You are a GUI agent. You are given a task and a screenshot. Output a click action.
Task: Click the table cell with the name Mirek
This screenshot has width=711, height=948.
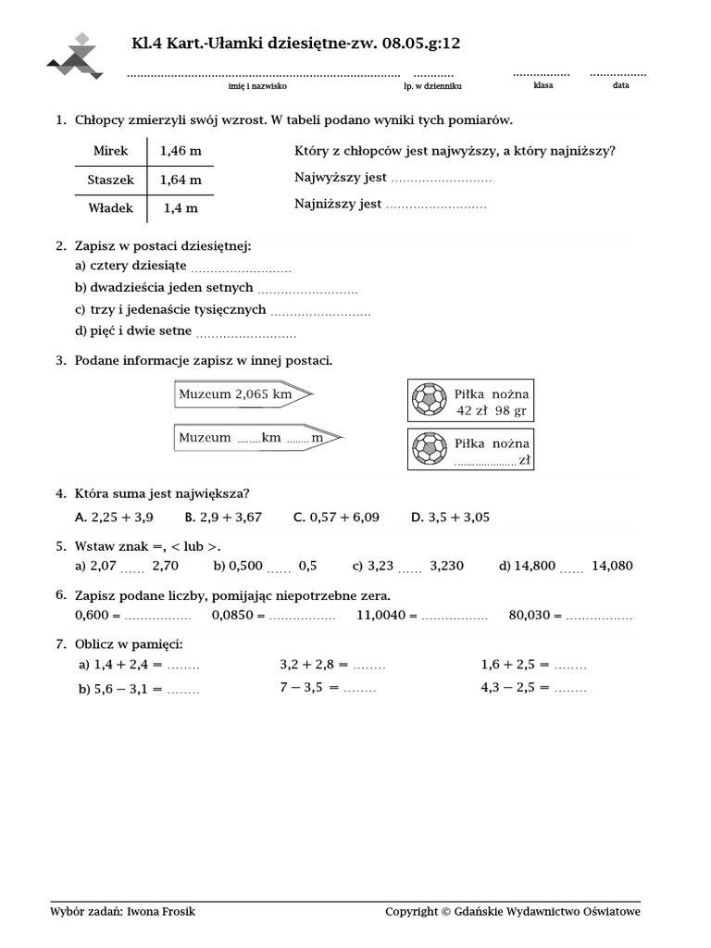(x=111, y=149)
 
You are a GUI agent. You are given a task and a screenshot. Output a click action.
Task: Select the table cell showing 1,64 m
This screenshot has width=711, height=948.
(x=181, y=180)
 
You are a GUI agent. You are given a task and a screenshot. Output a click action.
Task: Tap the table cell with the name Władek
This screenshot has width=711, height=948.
(x=111, y=208)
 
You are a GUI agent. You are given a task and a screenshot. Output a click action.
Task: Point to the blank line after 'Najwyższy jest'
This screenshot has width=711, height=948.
(x=441, y=179)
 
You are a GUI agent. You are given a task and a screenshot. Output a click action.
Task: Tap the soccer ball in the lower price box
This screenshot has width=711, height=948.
(x=429, y=449)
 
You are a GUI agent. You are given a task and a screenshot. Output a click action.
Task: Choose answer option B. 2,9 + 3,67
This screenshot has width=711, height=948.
(x=223, y=518)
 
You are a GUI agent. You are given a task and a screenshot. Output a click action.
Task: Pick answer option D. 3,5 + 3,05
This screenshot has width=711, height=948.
(x=451, y=518)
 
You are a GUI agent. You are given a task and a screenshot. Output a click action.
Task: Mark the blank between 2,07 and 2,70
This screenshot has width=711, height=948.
(x=132, y=568)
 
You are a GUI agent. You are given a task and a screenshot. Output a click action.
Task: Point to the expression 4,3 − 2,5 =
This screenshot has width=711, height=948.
(x=515, y=688)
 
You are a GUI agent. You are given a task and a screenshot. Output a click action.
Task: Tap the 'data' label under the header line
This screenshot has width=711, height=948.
(x=620, y=85)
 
